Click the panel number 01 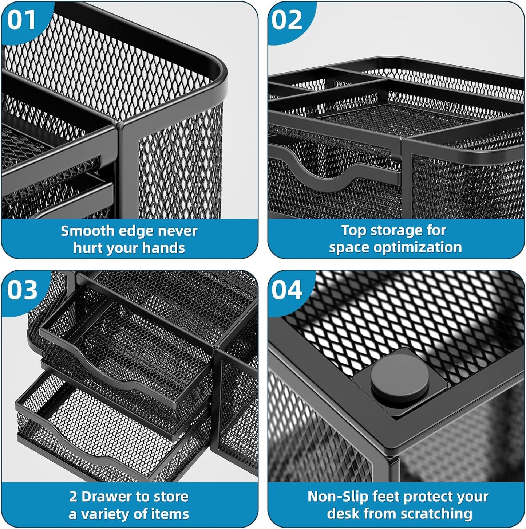tap(21, 20)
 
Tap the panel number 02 tap(287, 20)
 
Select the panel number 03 tap(22, 290)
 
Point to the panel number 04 tap(287, 290)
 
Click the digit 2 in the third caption tap(73, 497)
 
